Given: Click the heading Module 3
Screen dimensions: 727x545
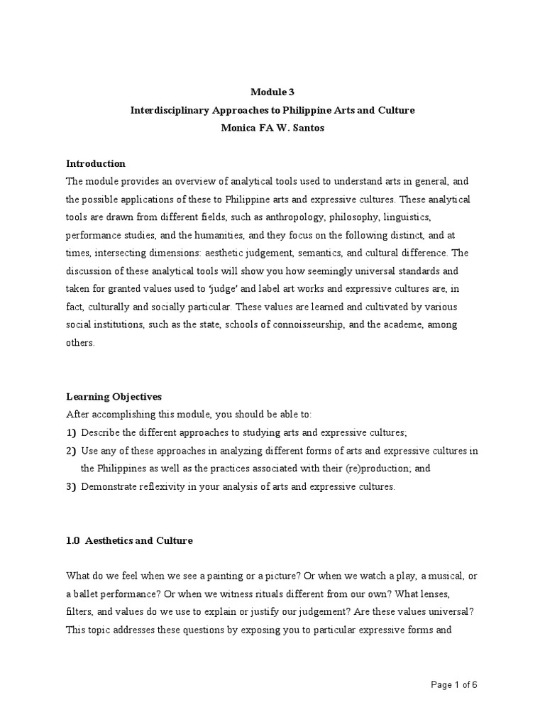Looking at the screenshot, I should click(x=272, y=92).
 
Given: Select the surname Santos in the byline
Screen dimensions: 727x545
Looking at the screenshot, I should click(x=309, y=129).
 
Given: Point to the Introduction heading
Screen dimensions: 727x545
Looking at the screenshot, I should click(x=96, y=163).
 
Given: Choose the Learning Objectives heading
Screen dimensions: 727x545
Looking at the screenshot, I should click(x=114, y=396).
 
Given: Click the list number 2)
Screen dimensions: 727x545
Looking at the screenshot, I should click(x=71, y=451).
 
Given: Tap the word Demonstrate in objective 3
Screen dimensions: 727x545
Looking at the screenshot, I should click(x=110, y=486).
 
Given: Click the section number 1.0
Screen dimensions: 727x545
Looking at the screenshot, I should click(x=72, y=540).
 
